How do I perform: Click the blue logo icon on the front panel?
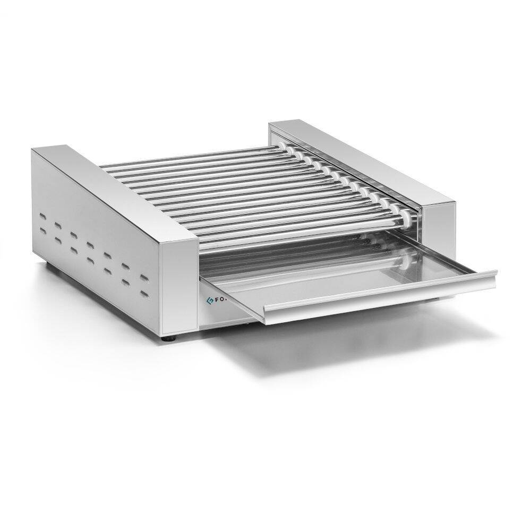tap(209, 299)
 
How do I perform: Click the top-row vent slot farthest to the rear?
tap(41, 216)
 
